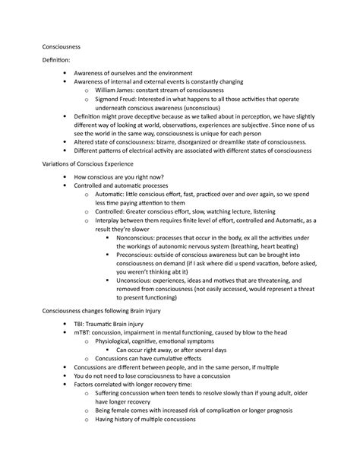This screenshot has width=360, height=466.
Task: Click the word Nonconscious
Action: pos(140,249)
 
